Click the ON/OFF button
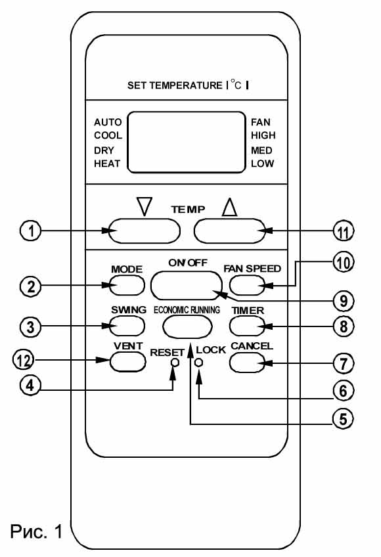pyautogui.click(x=187, y=285)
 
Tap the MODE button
pyautogui.click(x=127, y=285)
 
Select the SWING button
pyautogui.click(x=127, y=326)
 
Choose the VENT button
pyautogui.click(x=128, y=362)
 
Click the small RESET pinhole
pyautogui.click(x=175, y=363)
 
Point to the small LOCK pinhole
pyautogui.click(x=199, y=363)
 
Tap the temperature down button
pyautogui.click(x=144, y=231)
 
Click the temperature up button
pyautogui.click(x=230, y=231)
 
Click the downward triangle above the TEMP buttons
pyautogui.click(x=145, y=206)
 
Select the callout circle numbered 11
pyautogui.click(x=344, y=232)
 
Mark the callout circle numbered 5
pyautogui.click(x=343, y=418)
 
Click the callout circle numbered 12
pyautogui.click(x=24, y=360)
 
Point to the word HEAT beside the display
pyautogui.click(x=107, y=164)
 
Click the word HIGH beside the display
pyautogui.click(x=263, y=135)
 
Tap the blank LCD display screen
pyautogui.click(x=187, y=143)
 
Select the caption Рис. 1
pyautogui.click(x=36, y=531)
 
